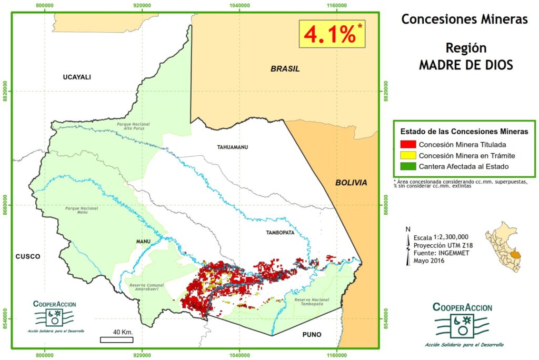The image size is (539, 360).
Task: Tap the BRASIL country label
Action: (285, 69)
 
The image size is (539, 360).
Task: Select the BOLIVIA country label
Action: (351, 183)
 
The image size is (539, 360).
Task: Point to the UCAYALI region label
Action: (77, 77)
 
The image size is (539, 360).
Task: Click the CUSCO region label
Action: (28, 256)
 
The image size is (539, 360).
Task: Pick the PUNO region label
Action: (312, 335)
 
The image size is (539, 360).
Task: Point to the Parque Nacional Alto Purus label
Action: (133, 125)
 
